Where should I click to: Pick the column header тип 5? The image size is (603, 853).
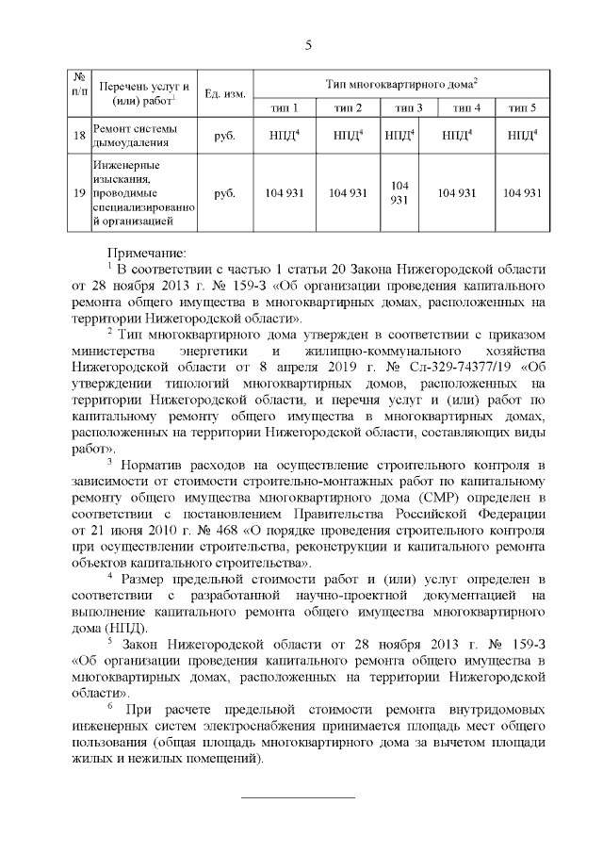coord(522,107)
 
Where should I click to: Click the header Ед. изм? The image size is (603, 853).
coord(225,93)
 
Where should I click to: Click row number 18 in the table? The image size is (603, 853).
coord(80,136)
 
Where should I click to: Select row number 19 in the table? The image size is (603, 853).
coord(80,193)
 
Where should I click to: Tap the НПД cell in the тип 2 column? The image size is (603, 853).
coord(348,136)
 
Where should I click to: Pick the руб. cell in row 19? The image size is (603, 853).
coord(225,193)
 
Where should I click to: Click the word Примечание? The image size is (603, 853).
coord(147,252)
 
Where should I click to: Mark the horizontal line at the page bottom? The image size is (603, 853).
coord(299,797)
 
